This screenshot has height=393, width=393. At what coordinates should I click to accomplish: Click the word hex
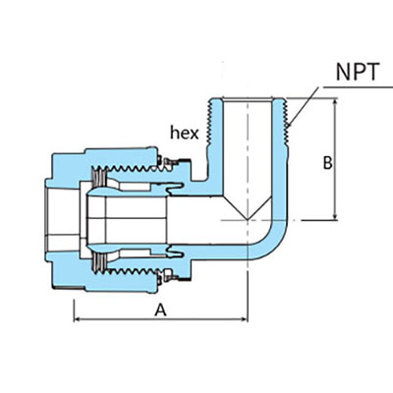(185, 131)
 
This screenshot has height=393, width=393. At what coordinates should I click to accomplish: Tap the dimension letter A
(159, 309)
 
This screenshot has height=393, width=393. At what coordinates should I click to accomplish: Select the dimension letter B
(327, 162)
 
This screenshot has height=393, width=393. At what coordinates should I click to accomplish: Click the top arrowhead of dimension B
(337, 101)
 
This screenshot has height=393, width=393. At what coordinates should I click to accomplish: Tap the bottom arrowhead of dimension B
(337, 217)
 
